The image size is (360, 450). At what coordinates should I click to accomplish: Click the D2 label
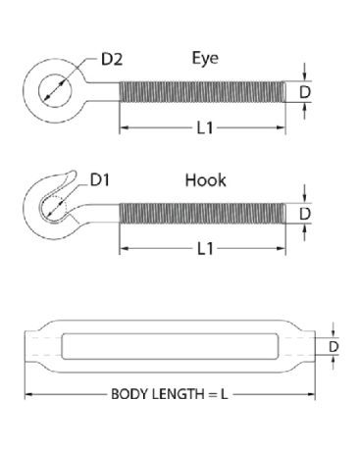coord(112,59)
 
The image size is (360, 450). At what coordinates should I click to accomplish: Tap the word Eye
coord(205,58)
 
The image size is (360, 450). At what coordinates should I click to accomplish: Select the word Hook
coord(205,180)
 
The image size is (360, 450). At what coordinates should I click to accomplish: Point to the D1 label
coord(100,179)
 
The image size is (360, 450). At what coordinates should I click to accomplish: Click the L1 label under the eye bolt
coord(205,127)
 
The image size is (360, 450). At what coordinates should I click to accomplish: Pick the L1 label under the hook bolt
coord(205,249)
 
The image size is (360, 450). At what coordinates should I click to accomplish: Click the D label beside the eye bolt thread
coord(305,92)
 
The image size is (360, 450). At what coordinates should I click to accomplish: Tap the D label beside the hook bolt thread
coord(305,214)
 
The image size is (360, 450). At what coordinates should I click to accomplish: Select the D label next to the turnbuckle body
coord(334,346)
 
